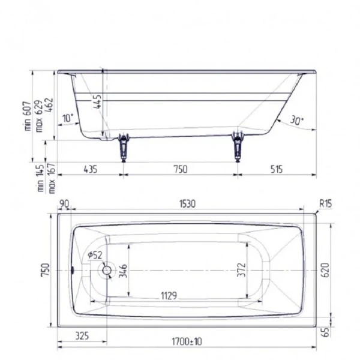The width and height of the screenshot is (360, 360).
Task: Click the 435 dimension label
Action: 89,169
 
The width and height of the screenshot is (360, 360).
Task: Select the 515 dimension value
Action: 275,169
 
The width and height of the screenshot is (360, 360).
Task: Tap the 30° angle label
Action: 296,121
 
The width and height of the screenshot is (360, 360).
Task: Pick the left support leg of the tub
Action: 124,146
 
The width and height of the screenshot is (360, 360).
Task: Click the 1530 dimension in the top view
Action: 187,204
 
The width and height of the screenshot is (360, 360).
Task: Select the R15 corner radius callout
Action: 325,204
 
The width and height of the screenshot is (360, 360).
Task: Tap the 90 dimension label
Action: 65,204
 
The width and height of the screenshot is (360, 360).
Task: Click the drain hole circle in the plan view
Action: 107,271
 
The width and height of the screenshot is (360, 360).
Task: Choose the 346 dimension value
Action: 122,271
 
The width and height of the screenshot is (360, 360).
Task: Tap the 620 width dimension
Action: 326,271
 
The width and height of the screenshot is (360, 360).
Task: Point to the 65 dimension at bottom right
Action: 326,332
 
